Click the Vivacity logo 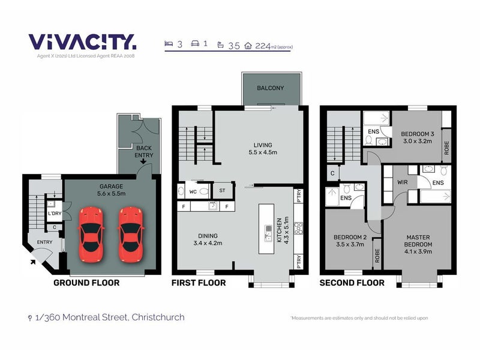click(x=82, y=42)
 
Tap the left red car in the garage click(x=91, y=235)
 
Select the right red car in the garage click(x=131, y=235)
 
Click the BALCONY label click(x=271, y=88)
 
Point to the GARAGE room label click(x=111, y=187)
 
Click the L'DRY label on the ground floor click(x=55, y=214)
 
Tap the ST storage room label click(x=222, y=190)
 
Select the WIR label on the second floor click(x=402, y=182)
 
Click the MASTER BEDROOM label click(x=418, y=241)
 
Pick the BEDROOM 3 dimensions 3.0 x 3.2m click(x=418, y=141)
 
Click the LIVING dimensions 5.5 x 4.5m click(x=263, y=152)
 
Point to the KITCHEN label click(x=279, y=230)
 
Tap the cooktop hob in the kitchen click(x=298, y=229)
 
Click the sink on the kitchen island click(x=268, y=233)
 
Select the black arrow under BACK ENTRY click(x=143, y=161)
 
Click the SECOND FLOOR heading click(x=352, y=283)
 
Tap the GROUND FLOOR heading click(x=86, y=283)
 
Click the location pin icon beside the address click(x=29, y=318)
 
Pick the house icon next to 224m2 click(x=248, y=46)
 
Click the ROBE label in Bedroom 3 click(x=446, y=148)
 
